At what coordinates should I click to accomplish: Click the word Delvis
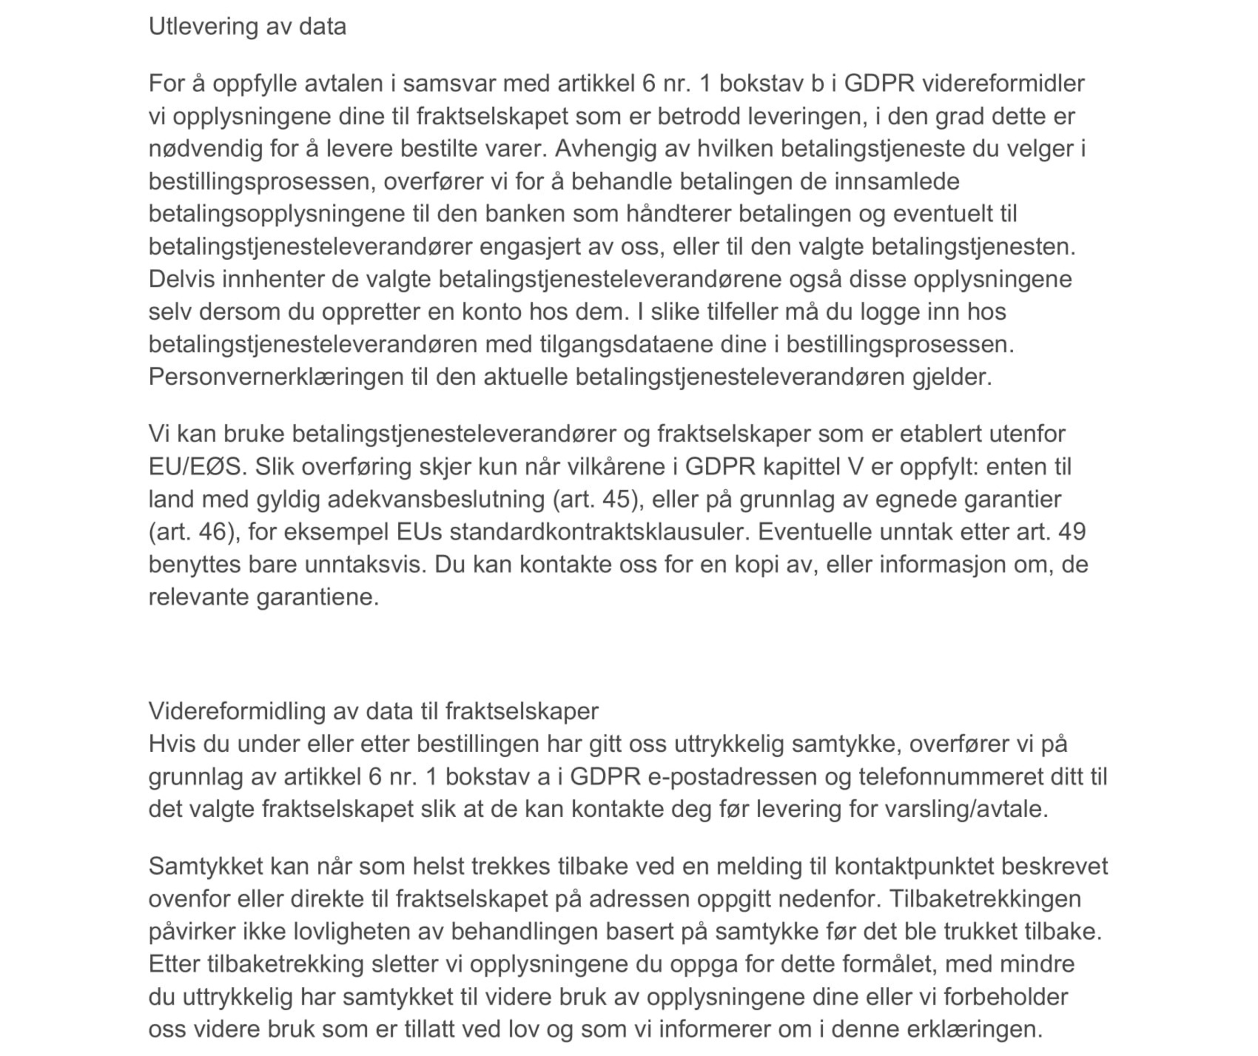click(182, 279)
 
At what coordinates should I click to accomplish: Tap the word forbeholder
click(1006, 997)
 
